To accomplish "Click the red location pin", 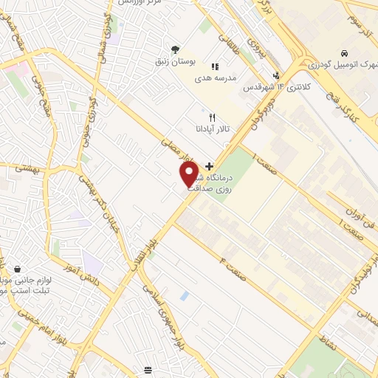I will pos(189,173).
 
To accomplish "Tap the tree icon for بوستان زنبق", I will pos(175,50).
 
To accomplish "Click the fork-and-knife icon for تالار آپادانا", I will pos(212,117).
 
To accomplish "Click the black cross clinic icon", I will pos(210,166).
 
